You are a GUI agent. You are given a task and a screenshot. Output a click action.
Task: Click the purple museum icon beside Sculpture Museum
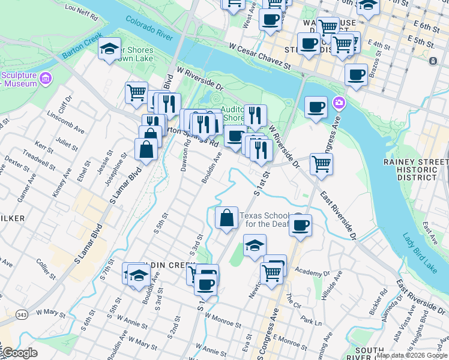tap(46, 78)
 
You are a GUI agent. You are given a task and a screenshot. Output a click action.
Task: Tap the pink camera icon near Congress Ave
tap(339, 103)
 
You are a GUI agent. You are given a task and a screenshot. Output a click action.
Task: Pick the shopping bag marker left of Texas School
tap(226, 218)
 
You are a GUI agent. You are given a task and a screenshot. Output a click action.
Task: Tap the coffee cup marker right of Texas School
tap(301, 225)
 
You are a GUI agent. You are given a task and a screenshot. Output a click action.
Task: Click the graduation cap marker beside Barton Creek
tap(109, 49)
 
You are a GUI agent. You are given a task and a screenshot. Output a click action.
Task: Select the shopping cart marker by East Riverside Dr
tap(322, 163)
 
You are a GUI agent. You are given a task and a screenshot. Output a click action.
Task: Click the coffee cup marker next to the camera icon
tap(316, 107)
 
